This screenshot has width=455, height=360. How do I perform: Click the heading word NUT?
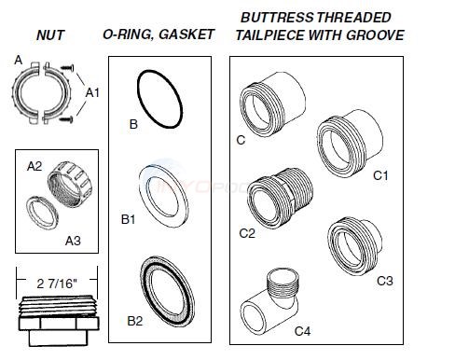[x=50, y=35]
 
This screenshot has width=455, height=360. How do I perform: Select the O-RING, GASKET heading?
[x=159, y=35]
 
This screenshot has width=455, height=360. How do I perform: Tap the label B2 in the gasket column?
[x=135, y=320]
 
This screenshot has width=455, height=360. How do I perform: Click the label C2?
[x=246, y=233]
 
